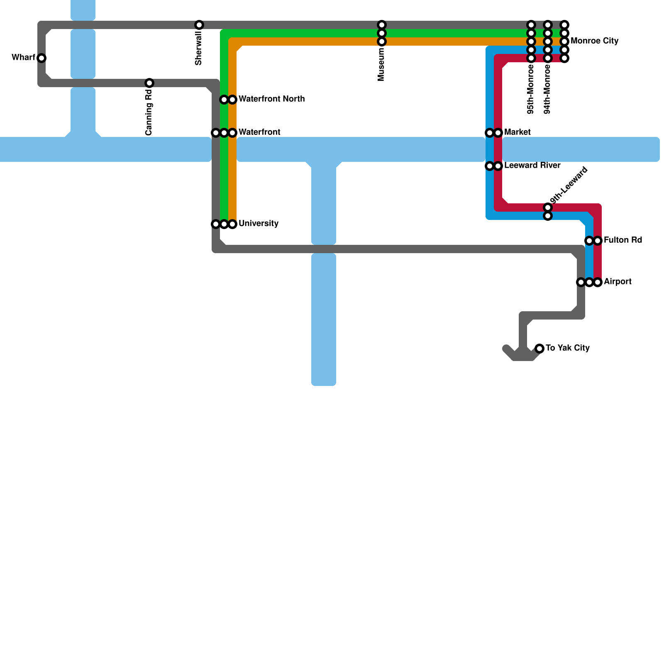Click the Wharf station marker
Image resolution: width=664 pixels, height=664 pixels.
point(41,58)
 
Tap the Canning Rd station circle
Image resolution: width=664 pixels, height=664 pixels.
point(149,83)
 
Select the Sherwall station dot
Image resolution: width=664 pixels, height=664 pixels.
point(199,25)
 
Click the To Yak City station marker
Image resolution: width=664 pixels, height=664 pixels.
point(539,349)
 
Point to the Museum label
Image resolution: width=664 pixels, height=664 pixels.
point(381,64)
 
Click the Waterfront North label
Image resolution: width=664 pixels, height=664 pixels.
point(271,99)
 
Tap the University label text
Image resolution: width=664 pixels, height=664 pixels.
point(258,223)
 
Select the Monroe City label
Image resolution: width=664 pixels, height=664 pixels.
point(594,41)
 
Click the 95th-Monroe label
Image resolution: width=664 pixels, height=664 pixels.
point(530,89)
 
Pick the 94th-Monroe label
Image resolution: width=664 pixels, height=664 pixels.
point(547,89)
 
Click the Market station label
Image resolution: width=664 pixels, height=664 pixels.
point(517,132)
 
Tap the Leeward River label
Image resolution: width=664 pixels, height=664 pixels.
point(532,165)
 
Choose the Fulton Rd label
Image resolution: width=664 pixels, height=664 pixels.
point(622,240)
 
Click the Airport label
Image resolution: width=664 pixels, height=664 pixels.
point(618,281)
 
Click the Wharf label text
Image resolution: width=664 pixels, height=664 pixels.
point(23,57)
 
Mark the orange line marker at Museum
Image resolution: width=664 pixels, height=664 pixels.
point(382,41)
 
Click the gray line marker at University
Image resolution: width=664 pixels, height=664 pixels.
point(216,224)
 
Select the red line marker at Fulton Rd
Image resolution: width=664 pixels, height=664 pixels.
point(598,241)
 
